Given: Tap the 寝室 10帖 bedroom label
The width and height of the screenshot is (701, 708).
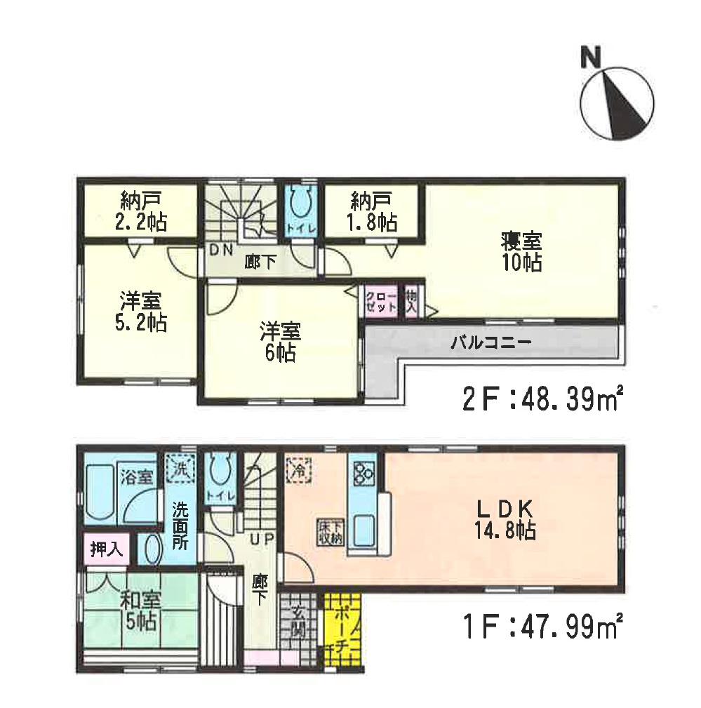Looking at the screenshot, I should [521, 253].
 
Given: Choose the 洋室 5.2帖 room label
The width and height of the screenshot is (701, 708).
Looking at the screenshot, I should [140, 312].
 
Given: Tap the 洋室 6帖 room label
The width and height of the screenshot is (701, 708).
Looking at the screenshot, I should [280, 340].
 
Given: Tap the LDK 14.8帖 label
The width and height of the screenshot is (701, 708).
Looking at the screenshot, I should [508, 519].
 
